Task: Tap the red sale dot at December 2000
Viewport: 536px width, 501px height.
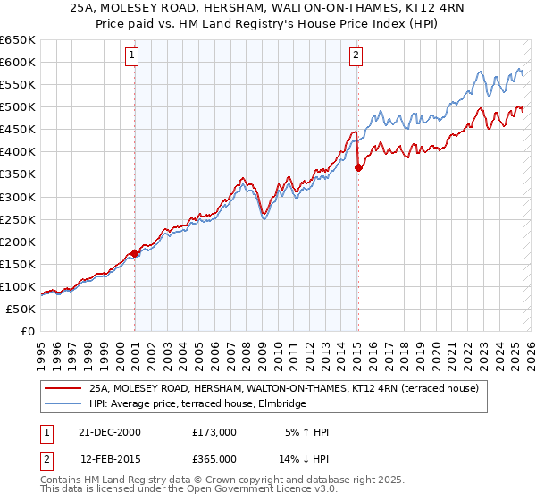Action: pyautogui.click(x=135, y=253)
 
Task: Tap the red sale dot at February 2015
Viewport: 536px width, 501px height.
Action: pyautogui.click(x=358, y=166)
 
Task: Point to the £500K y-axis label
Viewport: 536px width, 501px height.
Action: pyautogui.click(x=18, y=106)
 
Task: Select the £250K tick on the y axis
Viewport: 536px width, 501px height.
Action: pyautogui.click(x=18, y=219)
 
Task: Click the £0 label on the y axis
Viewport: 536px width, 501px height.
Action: pyautogui.click(x=27, y=331)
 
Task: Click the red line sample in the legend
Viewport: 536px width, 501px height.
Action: pyautogui.click(x=63, y=388)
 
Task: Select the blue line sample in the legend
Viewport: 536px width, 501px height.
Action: pyautogui.click(x=63, y=404)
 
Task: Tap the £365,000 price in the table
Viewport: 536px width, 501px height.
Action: pyautogui.click(x=214, y=458)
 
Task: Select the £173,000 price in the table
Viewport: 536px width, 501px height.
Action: pyautogui.click(x=214, y=432)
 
